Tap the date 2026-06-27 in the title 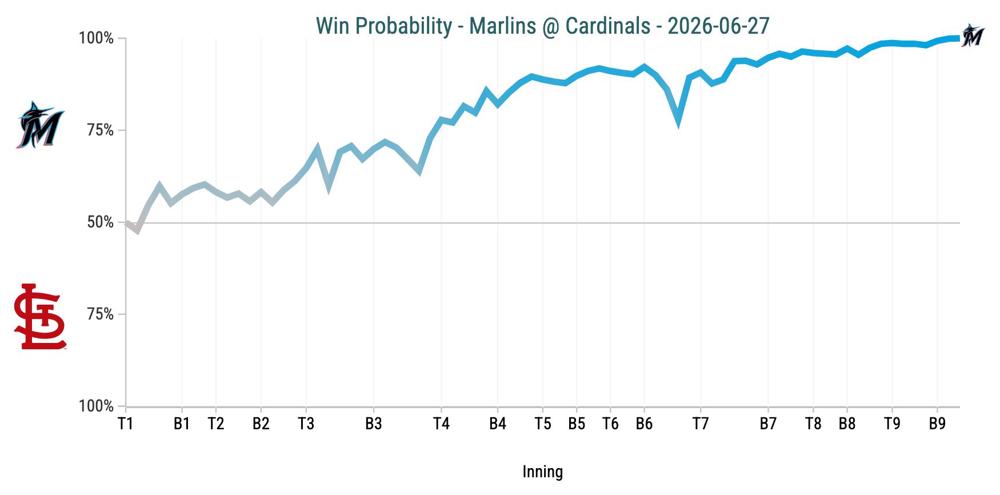click(718, 26)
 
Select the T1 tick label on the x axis click(125, 424)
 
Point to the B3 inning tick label click(374, 424)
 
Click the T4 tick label click(441, 424)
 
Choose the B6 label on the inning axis click(644, 424)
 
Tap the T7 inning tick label click(701, 424)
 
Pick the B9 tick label click(937, 424)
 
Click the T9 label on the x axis click(892, 424)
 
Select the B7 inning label click(768, 424)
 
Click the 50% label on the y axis click(101, 222)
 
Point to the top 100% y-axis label click(97, 38)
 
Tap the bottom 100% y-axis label click(97, 406)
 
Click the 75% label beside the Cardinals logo click(101, 314)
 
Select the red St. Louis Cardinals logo click(40, 316)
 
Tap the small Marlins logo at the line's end click(972, 35)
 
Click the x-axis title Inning click(543, 472)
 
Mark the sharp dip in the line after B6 click(678, 120)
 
